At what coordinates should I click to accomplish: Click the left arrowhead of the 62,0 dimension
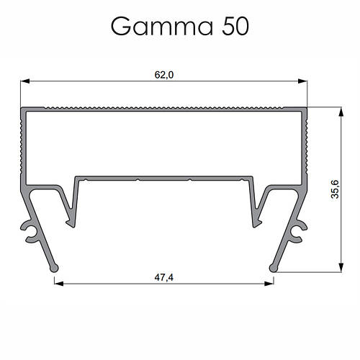click(x=24, y=82)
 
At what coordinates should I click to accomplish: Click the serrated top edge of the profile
click(x=164, y=109)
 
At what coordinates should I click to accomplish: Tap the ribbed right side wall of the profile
click(x=307, y=144)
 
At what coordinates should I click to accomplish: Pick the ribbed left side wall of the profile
click(x=21, y=144)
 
